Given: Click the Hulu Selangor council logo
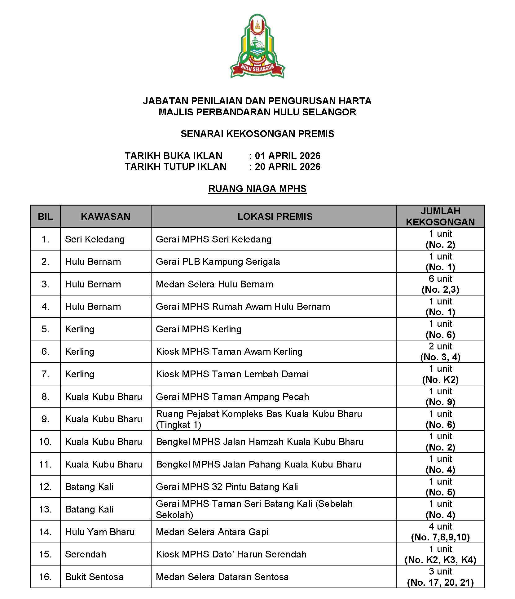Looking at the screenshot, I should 257,46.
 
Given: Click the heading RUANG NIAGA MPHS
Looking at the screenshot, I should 257,189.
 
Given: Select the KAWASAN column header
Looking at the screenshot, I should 105,216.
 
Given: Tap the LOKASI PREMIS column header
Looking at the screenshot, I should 275,216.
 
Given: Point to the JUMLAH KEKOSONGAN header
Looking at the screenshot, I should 440,216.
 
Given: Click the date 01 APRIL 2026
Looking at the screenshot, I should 288,156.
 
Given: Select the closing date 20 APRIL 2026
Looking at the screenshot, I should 288,167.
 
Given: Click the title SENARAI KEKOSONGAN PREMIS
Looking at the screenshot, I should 257,134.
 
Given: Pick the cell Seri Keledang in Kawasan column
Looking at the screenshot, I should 95,239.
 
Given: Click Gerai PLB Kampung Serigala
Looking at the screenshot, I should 218,262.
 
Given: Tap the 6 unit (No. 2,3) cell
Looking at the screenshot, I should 440,284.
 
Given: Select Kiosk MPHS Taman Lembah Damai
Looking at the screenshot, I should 232,374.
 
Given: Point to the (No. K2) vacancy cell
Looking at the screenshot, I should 440,379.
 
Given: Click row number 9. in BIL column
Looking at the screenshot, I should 45,419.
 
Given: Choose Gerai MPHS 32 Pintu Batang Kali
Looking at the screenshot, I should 227,487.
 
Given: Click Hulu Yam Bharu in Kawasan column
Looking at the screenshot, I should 100,532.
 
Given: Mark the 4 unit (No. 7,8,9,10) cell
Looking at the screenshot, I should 440,532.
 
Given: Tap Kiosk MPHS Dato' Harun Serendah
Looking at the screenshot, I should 231,554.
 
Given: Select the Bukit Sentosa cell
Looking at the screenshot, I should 94,577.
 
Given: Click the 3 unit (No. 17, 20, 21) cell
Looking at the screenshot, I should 440,577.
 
